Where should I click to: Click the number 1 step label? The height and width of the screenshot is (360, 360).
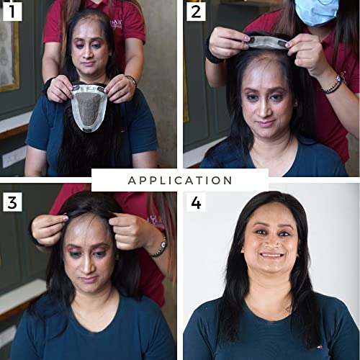[12, 11]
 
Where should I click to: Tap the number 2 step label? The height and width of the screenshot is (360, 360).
[196, 11]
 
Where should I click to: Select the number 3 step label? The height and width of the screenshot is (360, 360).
[12, 202]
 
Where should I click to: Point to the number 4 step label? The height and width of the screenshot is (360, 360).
[196, 202]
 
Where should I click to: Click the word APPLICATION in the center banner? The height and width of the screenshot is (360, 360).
[180, 180]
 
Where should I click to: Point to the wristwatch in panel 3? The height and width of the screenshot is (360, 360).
[160, 246]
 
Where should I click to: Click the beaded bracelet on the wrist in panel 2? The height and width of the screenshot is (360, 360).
[333, 84]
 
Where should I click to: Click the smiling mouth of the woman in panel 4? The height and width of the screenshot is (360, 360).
[271, 254]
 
